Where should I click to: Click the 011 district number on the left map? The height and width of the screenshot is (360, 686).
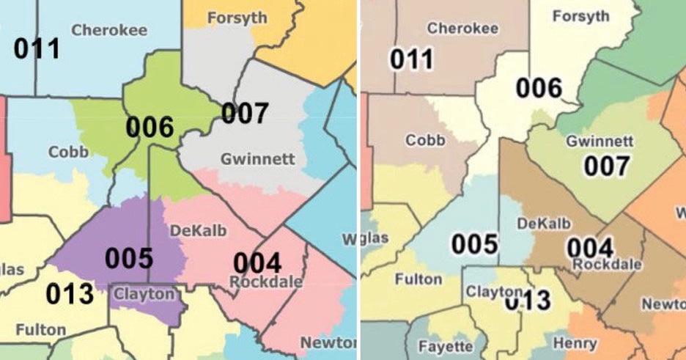pos(37,49)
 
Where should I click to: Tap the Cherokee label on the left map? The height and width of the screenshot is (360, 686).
pos(109,30)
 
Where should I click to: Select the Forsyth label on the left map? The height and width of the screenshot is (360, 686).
pos(237,18)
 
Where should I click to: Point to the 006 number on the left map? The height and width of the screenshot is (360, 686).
pos(150,127)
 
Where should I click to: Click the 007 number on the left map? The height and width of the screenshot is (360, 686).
pos(246,113)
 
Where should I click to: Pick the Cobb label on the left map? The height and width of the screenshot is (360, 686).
pos(69,153)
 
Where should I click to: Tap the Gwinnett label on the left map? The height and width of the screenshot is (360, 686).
pos(257,158)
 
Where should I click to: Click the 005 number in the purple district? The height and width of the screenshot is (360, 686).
pos(129,258)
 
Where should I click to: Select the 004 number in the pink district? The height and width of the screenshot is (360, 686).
pos(257,262)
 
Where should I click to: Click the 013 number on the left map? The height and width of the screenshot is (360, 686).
pos(70,294)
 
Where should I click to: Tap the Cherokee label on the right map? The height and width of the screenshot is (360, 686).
pos(462,29)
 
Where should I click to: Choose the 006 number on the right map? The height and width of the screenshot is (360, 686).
pos(539,88)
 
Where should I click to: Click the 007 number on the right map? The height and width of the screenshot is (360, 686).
pos(606,166)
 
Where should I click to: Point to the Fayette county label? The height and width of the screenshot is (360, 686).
pos(446,345)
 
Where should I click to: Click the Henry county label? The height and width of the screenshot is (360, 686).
pos(575,342)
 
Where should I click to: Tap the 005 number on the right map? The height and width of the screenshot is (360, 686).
pos(474,244)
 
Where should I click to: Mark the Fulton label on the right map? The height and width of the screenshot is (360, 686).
pos(418,279)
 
